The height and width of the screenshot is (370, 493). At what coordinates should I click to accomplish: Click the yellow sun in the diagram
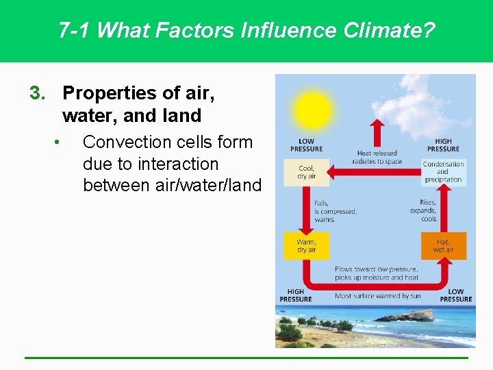(x=312, y=109)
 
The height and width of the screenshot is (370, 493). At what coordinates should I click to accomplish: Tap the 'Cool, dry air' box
(x=307, y=172)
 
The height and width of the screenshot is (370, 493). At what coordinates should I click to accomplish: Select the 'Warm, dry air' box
(x=307, y=246)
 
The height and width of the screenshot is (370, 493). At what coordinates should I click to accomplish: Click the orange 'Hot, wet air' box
(x=443, y=246)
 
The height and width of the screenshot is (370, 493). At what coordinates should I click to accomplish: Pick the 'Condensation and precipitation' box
(x=443, y=172)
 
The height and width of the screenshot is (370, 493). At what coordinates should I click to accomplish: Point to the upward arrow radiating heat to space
(x=376, y=133)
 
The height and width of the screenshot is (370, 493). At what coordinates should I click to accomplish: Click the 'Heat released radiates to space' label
(x=377, y=158)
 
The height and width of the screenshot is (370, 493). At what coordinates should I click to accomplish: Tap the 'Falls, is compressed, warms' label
(x=335, y=211)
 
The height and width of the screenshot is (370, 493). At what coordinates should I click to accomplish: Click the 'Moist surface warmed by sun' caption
(x=377, y=296)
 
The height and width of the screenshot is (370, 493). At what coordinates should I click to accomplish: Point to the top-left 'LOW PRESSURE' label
(x=306, y=145)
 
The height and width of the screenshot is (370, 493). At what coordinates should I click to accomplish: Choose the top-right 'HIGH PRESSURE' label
(x=443, y=145)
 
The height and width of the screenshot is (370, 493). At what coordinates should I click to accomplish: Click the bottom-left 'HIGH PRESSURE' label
(x=296, y=295)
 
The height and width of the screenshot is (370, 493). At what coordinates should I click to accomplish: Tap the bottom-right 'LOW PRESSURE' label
(x=456, y=295)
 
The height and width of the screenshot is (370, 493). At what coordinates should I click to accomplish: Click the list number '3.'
(x=38, y=92)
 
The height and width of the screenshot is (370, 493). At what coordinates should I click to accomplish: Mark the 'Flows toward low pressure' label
(x=376, y=269)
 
